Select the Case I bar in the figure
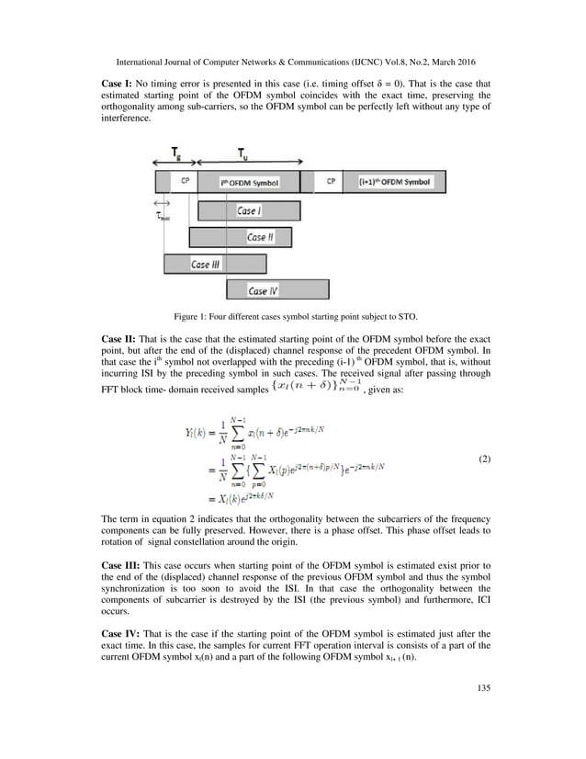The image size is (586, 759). click(245, 211)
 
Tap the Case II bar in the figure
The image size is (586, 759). click(241, 238)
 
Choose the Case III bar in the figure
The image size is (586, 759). click(215, 265)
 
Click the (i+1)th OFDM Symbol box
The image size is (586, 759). click(394, 182)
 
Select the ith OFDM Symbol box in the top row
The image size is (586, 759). click(250, 182)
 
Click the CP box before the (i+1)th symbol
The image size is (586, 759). click(330, 182)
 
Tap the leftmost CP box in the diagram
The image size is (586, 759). click(184, 182)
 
